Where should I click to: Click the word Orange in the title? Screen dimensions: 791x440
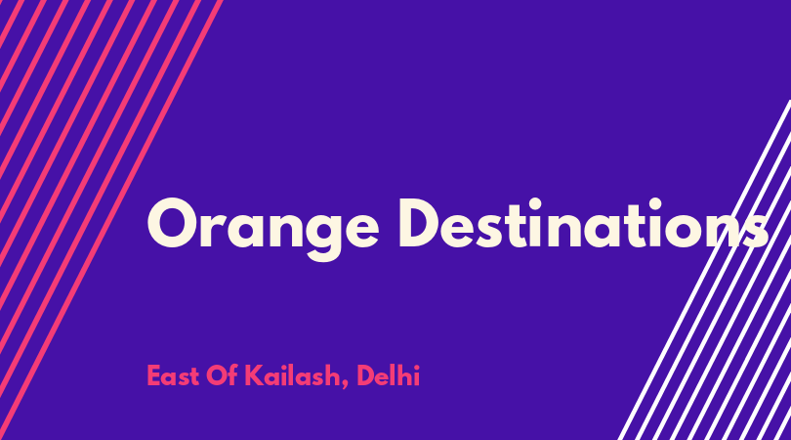click(263, 230)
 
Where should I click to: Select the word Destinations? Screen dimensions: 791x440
click(584, 223)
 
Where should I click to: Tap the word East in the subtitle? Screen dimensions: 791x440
click(173, 375)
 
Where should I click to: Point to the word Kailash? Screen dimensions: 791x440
click(292, 375)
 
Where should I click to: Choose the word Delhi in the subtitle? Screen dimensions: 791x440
click(388, 375)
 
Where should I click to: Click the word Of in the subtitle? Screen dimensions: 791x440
click(222, 375)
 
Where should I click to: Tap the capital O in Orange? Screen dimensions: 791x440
click(172, 223)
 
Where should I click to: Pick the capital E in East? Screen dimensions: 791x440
click(153, 375)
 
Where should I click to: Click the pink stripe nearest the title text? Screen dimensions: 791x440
click(111, 220)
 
